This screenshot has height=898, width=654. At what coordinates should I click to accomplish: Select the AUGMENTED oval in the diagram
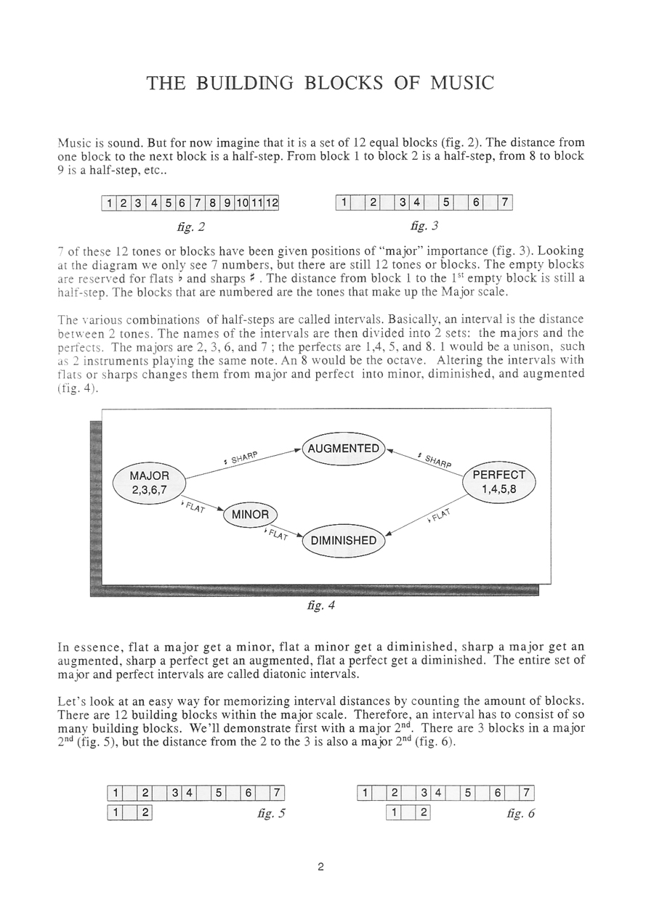pos(343,449)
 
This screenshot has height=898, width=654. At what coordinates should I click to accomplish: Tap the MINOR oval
pos(250,515)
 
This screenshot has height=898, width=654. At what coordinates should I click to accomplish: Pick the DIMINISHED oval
pos(343,541)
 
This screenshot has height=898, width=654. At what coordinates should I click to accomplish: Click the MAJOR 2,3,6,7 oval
pos(149,483)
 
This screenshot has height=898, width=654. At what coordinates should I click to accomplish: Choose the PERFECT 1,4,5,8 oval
pos(498,482)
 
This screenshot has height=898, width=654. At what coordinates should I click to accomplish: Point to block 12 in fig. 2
pos(272,204)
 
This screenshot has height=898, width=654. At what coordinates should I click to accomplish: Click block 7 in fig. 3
pos(505,204)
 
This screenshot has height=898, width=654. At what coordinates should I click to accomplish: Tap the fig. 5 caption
pos(271,814)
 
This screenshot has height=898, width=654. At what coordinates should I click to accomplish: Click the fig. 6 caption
pos(520,814)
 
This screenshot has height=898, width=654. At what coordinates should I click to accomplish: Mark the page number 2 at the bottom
pos(320,866)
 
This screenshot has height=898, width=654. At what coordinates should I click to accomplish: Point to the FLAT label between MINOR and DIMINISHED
pos(277,535)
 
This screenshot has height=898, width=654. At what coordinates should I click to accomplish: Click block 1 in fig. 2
pos(108,204)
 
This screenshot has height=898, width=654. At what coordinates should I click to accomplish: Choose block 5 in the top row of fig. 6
pos(469,793)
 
